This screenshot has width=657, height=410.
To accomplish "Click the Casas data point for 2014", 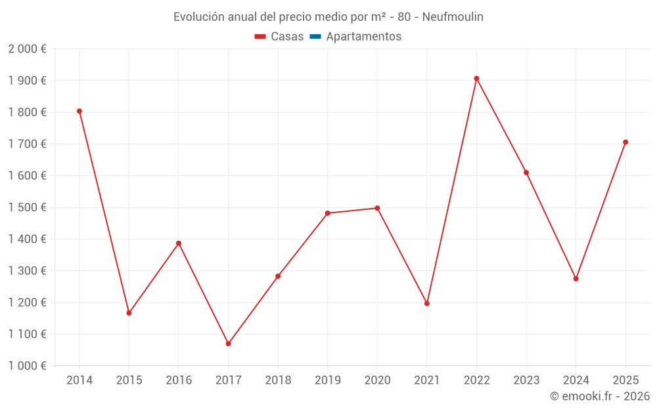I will tap(79, 111).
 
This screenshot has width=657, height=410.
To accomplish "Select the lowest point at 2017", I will tap(228, 344).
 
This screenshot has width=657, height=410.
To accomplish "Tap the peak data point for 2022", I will tap(476, 79).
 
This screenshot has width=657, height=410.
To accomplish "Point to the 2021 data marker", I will tap(427, 303).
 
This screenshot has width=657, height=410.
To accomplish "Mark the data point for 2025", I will tap(625, 142).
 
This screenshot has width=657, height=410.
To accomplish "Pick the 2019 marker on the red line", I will tap(328, 213).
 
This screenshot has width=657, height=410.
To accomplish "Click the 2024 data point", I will tap(576, 279).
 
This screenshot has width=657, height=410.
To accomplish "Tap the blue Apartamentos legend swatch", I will tap(315, 37).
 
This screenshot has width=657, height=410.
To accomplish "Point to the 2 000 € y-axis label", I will tap(27, 49).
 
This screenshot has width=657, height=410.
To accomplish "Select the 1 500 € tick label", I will tap(27, 207).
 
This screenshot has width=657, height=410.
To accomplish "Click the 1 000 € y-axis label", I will tap(27, 366).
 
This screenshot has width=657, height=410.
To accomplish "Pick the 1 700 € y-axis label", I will tap(27, 144).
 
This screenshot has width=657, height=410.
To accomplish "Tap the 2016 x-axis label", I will tap(179, 380).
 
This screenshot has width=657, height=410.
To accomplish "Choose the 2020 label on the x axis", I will tap(377, 380).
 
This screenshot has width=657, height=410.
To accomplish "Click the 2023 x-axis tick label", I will tap(526, 380).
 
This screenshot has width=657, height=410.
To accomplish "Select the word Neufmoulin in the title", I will tap(453, 17).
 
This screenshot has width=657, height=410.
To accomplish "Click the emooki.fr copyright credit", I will tap(600, 396).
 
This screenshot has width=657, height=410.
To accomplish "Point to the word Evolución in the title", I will tap(196, 17).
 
